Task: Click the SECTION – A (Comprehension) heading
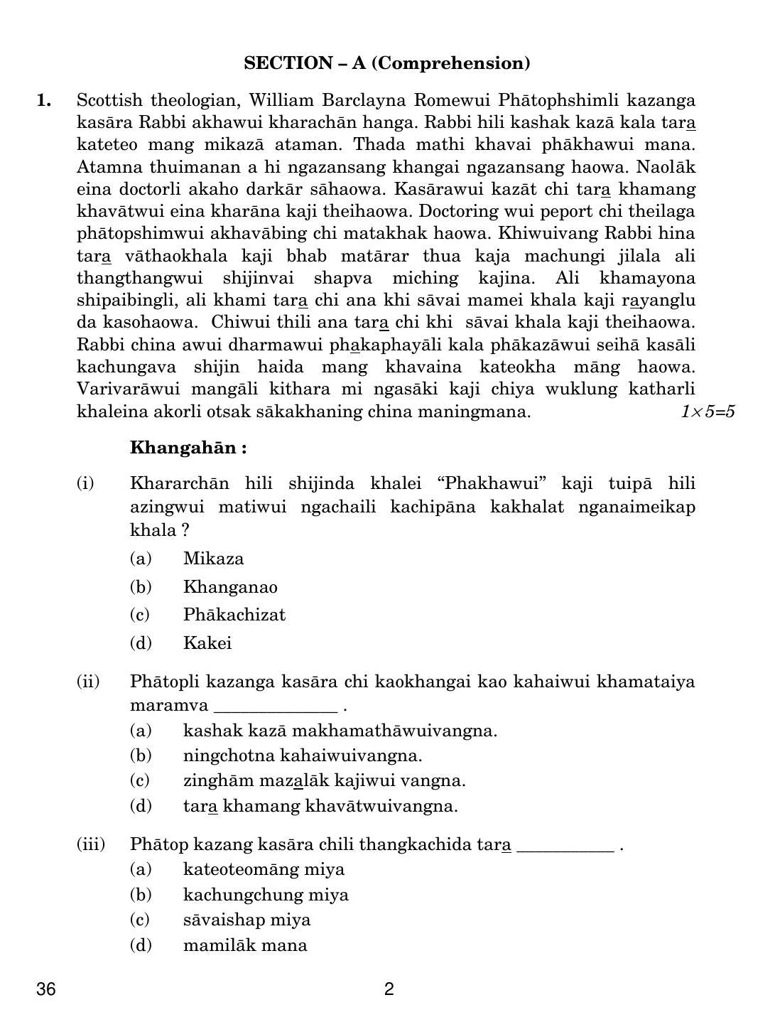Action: [386, 63]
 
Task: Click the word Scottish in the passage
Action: [105, 100]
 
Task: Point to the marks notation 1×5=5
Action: [707, 412]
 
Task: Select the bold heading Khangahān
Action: [188, 448]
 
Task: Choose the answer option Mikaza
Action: [213, 559]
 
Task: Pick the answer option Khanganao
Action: [230, 587]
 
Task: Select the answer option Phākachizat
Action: [234, 615]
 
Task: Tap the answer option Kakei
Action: [207, 643]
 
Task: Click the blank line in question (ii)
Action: [275, 708]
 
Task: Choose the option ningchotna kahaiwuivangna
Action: [302, 756]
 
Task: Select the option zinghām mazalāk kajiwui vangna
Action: [324, 780]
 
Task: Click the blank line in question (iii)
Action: [565, 847]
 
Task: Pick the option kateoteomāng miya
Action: [264, 869]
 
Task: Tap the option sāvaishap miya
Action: [246, 920]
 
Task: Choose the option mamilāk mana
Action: [245, 945]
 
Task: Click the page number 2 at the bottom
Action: [389, 989]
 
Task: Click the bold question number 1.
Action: [44, 100]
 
